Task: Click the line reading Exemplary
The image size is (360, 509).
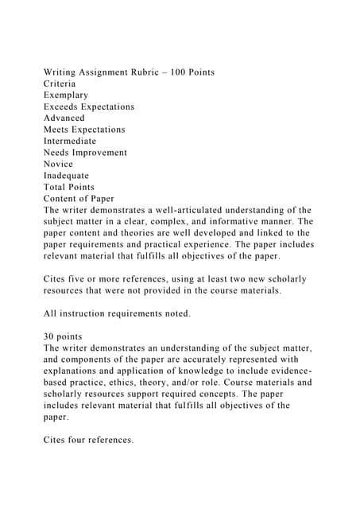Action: (67, 95)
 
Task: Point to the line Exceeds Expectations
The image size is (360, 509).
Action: (89, 107)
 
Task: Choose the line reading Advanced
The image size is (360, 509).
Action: (64, 118)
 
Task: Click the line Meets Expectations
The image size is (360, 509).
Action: (84, 130)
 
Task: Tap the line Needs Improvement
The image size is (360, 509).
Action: (85, 153)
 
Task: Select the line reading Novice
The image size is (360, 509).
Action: (59, 164)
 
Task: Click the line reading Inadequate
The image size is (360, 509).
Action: (67, 176)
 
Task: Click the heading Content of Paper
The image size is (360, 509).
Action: (79, 199)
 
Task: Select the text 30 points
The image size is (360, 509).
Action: (65, 336)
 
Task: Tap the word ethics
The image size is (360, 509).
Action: (171, 382)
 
